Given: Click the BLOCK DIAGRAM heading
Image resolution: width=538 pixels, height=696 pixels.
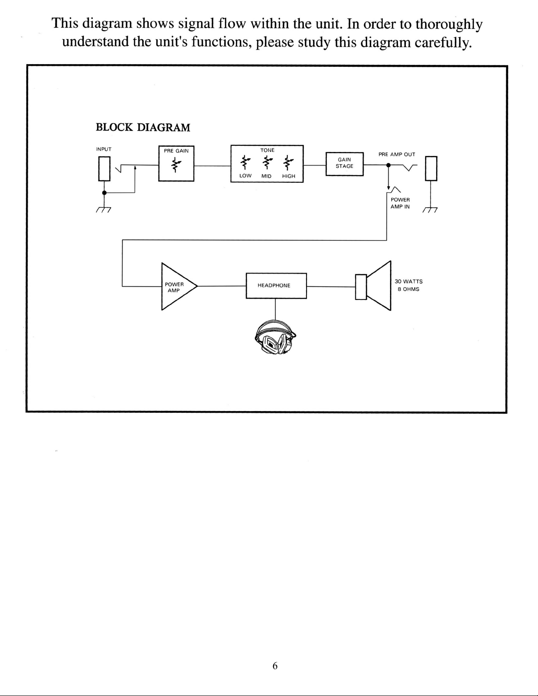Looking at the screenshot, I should (x=143, y=128).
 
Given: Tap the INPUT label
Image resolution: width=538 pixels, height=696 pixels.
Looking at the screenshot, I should (x=104, y=149).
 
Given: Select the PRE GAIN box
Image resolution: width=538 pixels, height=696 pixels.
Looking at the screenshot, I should (x=176, y=163).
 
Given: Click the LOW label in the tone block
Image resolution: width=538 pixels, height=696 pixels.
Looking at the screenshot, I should (x=245, y=176).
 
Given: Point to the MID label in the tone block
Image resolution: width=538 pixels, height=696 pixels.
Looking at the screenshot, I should (x=267, y=176).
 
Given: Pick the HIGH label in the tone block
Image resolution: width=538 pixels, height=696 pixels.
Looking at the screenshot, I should (x=289, y=176).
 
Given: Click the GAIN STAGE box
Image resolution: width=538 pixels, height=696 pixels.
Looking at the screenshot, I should (x=344, y=163).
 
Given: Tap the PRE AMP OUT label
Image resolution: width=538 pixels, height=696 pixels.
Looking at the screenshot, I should (x=397, y=155).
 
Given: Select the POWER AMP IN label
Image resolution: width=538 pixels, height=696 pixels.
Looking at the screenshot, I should (x=400, y=203).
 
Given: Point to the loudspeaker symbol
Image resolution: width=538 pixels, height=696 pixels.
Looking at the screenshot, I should (x=374, y=286).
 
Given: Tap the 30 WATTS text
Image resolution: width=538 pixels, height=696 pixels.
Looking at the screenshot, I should (x=408, y=281).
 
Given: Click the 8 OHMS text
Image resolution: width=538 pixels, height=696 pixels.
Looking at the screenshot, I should (x=408, y=289).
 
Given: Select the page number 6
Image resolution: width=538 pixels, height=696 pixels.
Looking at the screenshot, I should (x=275, y=666).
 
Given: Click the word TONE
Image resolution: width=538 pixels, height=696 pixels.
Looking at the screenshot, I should (x=267, y=150).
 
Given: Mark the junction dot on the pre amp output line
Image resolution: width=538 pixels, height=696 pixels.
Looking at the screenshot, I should (x=388, y=166).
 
